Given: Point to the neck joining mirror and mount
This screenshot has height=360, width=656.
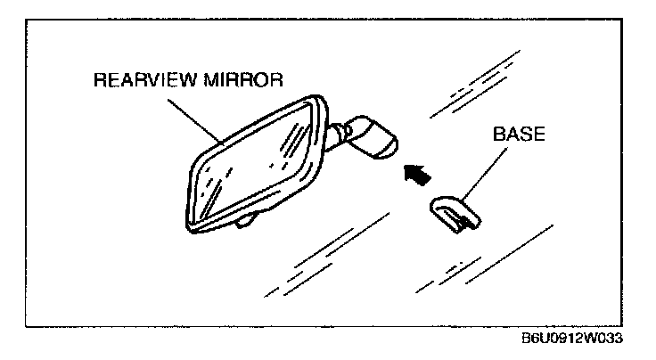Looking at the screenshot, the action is (x=339, y=134).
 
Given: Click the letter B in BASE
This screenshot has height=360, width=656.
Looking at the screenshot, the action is (x=496, y=140).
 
